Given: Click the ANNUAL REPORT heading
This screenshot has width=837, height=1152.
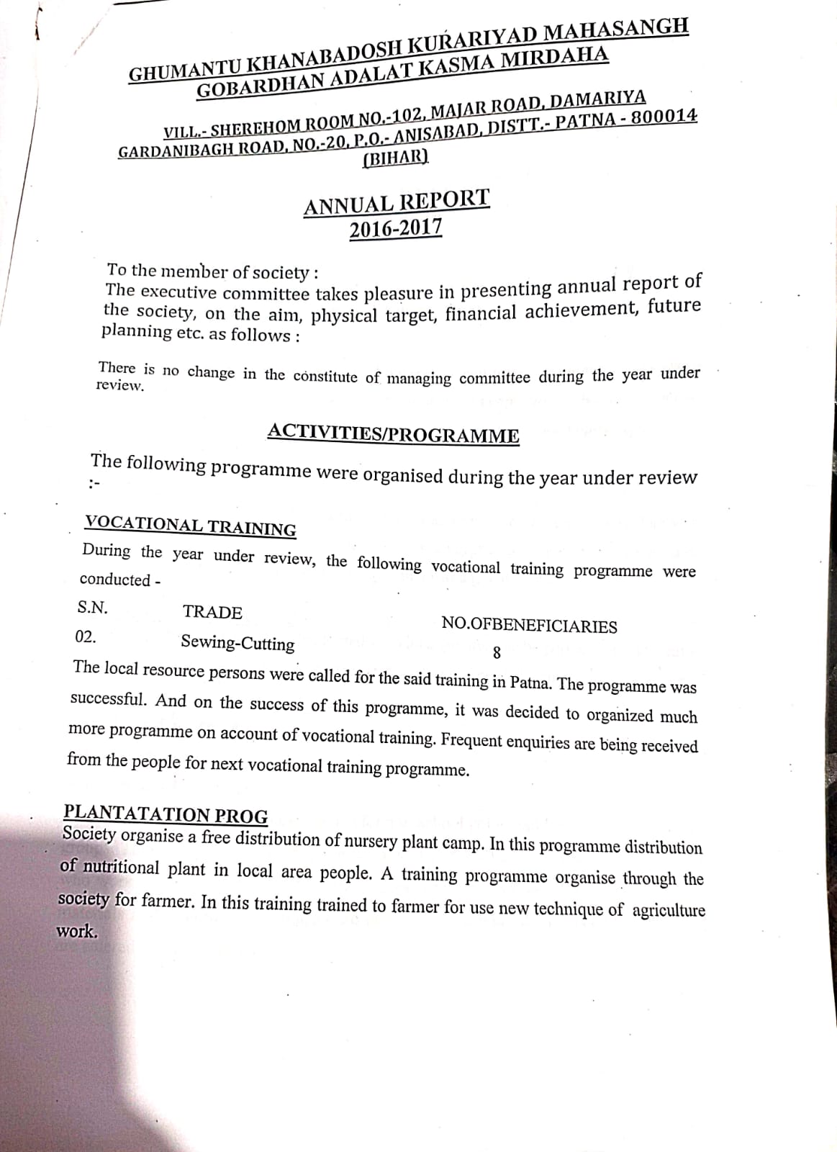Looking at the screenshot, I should (x=397, y=202).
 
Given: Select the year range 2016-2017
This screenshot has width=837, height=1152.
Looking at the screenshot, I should (x=396, y=230).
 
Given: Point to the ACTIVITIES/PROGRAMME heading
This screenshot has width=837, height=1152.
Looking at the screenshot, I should (x=393, y=434).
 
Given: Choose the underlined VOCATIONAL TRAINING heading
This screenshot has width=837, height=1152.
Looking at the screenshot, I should (x=190, y=526).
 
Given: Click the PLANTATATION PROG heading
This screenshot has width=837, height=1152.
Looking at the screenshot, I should (x=166, y=814).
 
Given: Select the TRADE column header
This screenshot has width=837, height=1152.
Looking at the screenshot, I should (x=212, y=613).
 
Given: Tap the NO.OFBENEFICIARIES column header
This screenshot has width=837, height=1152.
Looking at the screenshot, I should (x=529, y=625).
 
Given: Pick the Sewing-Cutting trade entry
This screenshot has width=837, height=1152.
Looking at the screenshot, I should (x=237, y=643).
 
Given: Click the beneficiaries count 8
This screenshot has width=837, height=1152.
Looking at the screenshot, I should (x=497, y=654).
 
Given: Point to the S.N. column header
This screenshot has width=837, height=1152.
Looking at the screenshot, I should (x=92, y=608).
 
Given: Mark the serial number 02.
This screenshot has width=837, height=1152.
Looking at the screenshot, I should (x=85, y=637).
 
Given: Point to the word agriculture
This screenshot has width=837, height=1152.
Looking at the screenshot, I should (x=669, y=911).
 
